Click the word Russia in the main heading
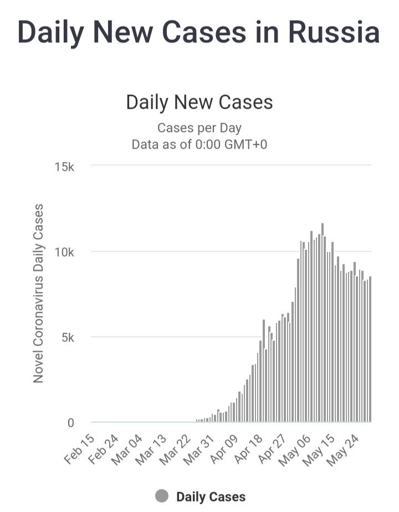[334, 32]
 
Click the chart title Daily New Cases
[199, 102]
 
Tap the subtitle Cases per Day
[199, 128]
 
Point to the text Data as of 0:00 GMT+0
[199, 145]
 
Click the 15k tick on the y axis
[64, 167]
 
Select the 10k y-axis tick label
[64, 252]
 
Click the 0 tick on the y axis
[71, 423]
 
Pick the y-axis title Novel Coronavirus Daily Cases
[38, 294]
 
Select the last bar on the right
[370, 350]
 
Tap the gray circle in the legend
[162, 496]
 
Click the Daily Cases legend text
[211, 497]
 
